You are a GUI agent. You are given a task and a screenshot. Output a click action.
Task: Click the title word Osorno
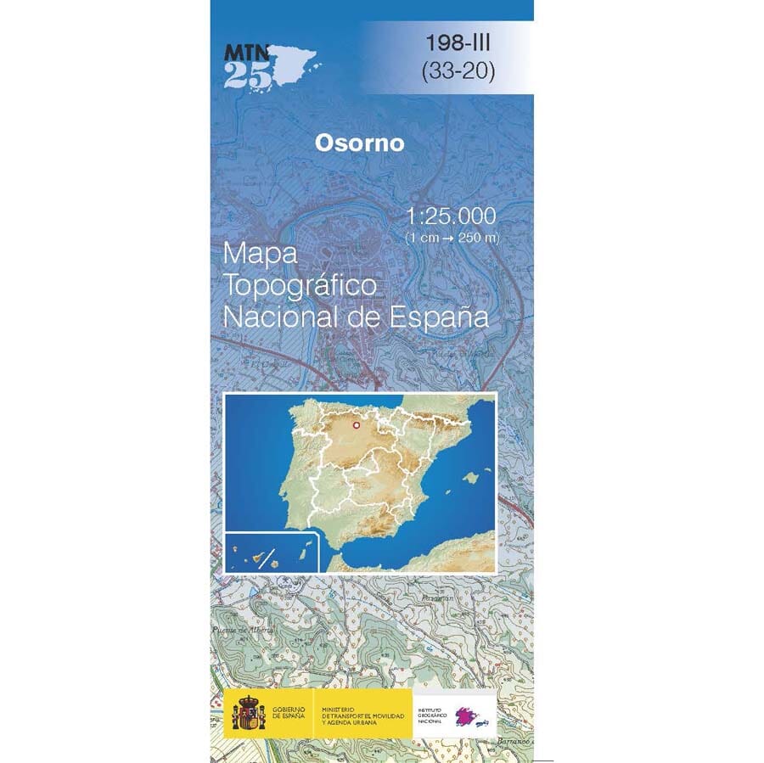point(359,143)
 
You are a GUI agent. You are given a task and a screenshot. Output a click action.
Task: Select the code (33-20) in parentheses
point(458,72)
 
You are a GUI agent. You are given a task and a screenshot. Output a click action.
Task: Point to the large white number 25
point(248,77)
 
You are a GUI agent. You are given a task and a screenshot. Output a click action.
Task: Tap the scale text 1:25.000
point(451,216)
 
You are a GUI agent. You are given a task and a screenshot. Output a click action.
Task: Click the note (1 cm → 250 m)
point(451,238)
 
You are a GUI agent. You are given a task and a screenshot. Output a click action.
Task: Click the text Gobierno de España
point(290,711)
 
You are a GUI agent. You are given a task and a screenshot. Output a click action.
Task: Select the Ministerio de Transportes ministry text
point(358,711)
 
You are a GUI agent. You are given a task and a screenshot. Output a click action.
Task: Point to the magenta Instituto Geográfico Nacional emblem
point(472,711)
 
